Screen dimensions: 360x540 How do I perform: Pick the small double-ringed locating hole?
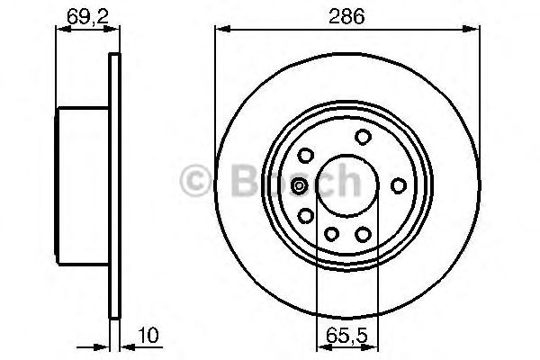(300, 186)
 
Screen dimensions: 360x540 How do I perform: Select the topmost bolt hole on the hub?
(363, 137)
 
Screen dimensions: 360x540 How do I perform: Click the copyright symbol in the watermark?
(197, 181)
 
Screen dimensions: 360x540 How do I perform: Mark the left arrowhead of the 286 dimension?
(220, 30)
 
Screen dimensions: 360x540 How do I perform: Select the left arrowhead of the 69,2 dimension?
(62, 30)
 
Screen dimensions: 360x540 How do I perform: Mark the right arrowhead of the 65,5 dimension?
(373, 346)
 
